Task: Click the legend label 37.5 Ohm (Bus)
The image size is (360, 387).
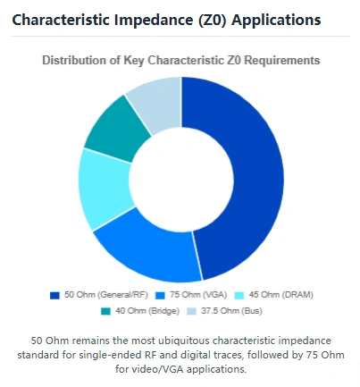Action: click(227, 310)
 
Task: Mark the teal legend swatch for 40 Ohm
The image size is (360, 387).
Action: click(106, 310)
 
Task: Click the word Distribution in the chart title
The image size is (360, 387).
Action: click(75, 60)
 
